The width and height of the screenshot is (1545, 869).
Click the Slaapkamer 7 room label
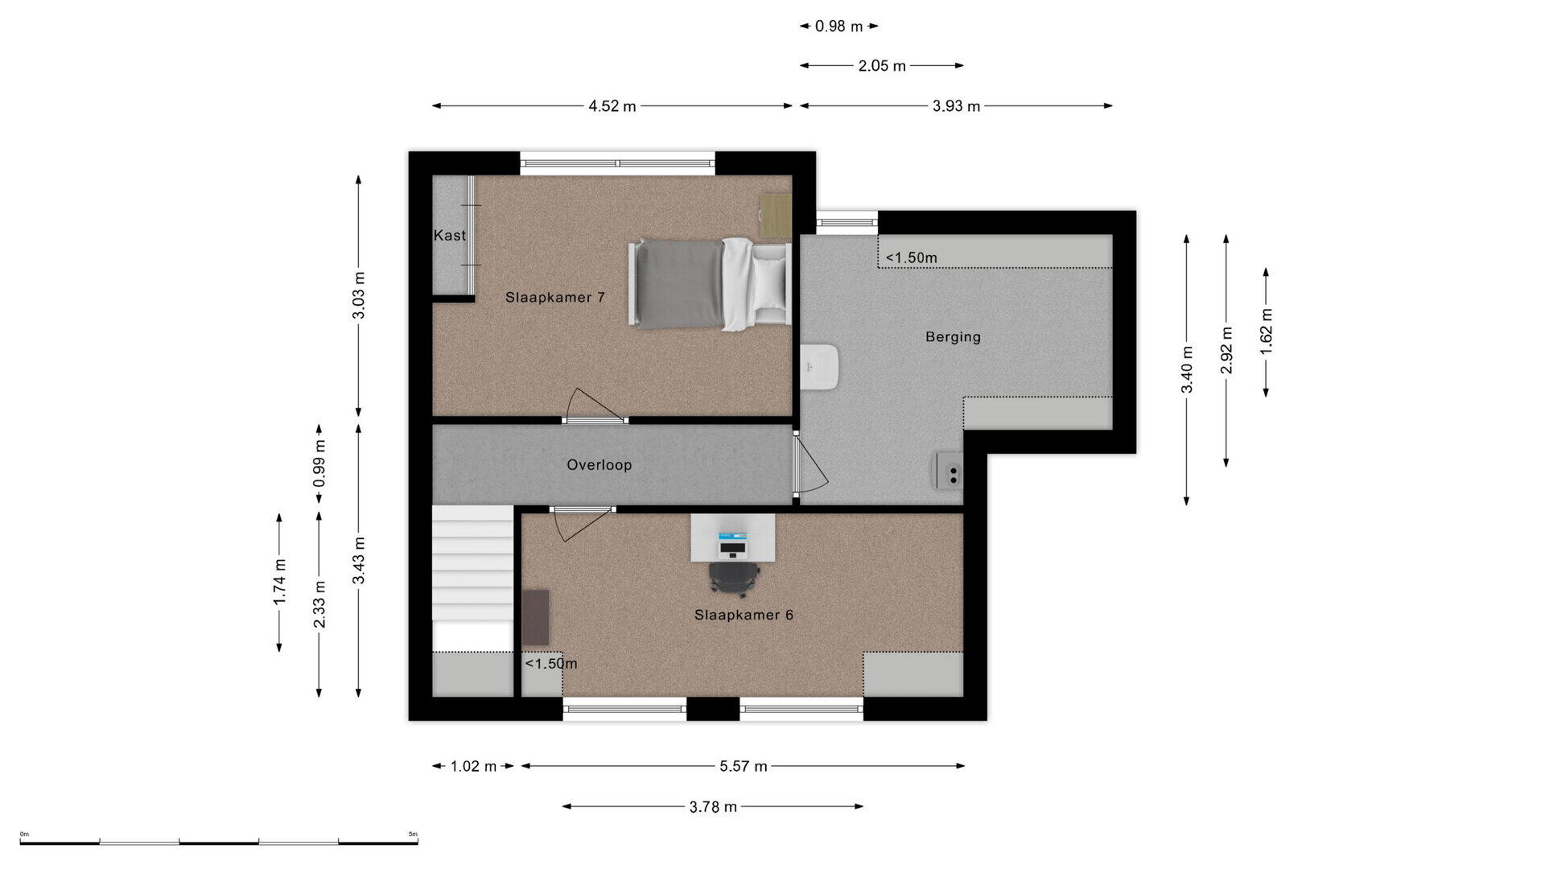pos(554,298)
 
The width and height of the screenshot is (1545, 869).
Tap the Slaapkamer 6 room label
pos(744,615)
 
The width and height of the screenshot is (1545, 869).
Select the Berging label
pos(953,337)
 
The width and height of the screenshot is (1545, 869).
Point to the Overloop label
pos(599,465)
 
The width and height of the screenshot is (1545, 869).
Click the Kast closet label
pos(450,236)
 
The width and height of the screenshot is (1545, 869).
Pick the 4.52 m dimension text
pos(612,106)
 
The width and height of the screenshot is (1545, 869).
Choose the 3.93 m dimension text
pos(956,106)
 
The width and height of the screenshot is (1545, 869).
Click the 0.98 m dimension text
pos(838,27)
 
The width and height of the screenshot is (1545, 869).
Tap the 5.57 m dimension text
pos(744,766)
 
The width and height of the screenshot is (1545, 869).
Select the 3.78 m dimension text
pos(713,806)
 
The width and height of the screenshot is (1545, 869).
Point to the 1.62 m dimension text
pos(1267,332)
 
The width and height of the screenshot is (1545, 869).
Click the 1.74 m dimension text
pos(279,583)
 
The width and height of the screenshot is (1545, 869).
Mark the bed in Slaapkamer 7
pos(709,284)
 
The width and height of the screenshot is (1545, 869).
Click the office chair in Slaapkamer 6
pos(734,579)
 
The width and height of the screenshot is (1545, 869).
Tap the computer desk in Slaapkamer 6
pos(732,537)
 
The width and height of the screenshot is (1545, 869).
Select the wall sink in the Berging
pos(820,368)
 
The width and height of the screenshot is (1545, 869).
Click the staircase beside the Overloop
pos(472,578)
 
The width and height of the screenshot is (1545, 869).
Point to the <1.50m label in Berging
pos(912,258)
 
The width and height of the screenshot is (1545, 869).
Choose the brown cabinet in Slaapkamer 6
pos(535,617)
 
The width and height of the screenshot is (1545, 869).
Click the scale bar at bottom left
pos(219,842)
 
